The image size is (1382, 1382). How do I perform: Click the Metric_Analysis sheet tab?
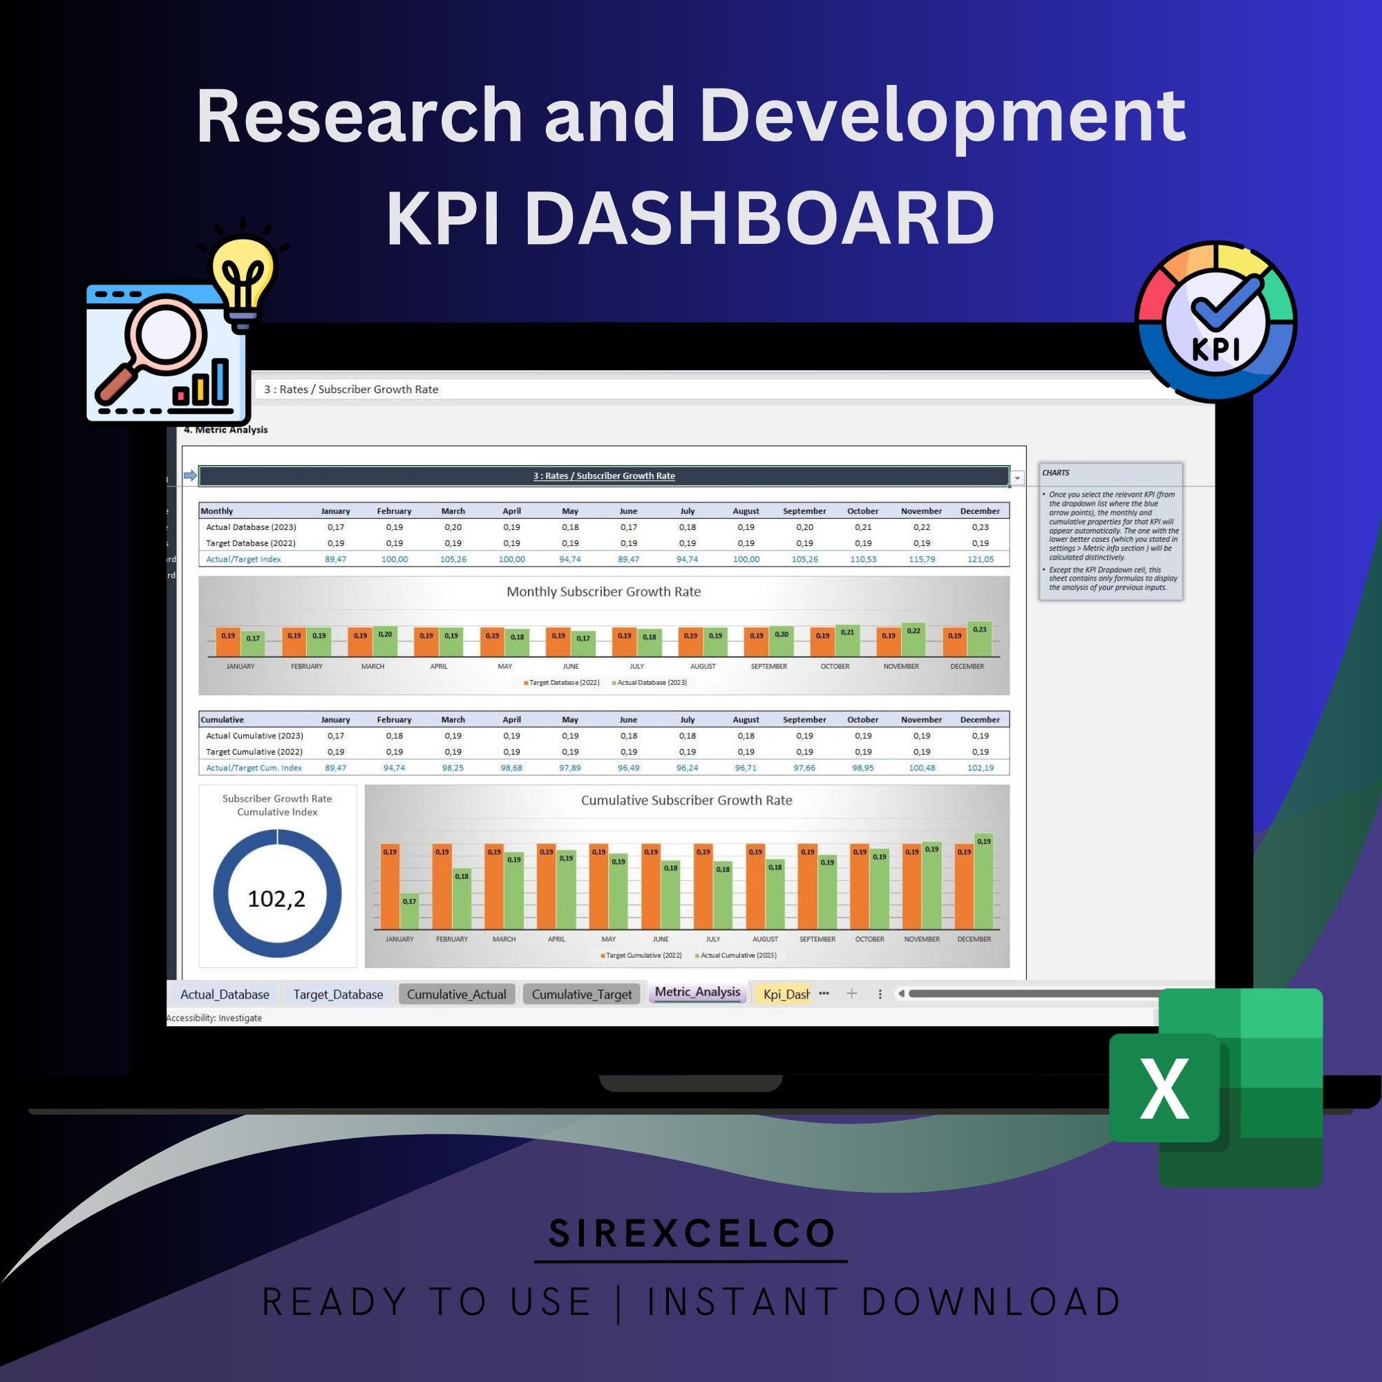[697, 992]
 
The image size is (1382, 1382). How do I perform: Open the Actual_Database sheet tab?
[225, 994]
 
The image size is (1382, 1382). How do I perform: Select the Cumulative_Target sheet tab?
[581, 994]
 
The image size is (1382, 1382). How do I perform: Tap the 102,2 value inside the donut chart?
[276, 898]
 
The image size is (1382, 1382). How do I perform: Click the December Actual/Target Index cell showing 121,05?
[979, 560]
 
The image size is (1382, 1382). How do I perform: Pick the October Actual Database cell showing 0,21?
[862, 527]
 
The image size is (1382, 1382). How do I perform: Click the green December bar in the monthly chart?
[979, 638]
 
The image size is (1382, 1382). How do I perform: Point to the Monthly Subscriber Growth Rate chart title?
[603, 591]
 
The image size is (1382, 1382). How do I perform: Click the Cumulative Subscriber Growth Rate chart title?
[686, 800]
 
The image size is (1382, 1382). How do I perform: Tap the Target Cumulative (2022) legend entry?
[641, 956]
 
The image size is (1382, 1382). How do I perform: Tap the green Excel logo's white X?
[1164, 1088]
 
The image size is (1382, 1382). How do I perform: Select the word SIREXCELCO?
[691, 1233]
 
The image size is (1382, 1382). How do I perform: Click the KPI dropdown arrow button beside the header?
[1016, 477]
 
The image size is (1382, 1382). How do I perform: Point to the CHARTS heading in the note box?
[1055, 473]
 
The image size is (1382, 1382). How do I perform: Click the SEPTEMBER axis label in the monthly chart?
[768, 667]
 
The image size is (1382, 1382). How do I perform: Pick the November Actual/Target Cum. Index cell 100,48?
[921, 768]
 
